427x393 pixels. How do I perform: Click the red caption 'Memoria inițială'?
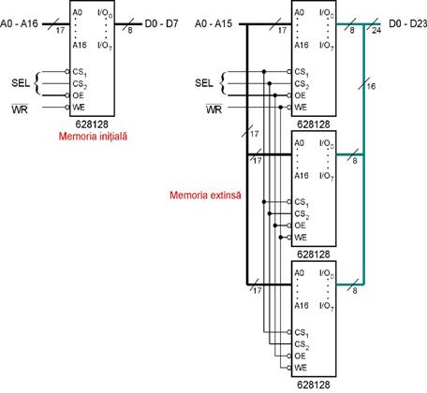click(93, 137)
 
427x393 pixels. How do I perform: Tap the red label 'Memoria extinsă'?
click(205, 196)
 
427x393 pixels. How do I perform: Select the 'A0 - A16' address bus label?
click(19, 23)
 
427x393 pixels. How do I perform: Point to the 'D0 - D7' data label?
click(161, 23)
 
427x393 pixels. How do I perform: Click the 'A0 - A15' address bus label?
click(213, 23)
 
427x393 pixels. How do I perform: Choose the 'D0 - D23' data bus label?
click(407, 23)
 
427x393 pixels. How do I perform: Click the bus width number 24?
click(376, 31)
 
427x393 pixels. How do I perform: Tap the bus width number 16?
click(371, 86)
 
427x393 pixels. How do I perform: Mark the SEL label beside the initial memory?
click(21, 83)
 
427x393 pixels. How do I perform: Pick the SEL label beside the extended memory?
click(204, 83)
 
